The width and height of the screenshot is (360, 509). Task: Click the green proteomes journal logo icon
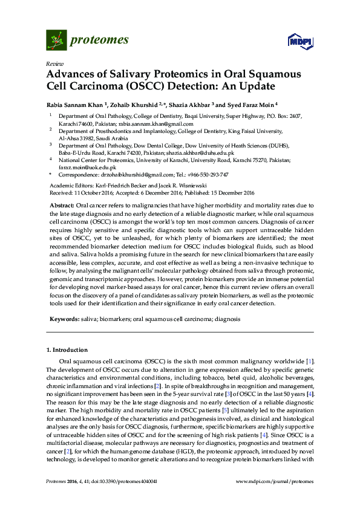point(56,40)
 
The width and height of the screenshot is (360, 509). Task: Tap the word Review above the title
point(54,63)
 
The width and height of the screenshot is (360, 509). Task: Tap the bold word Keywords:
point(62,318)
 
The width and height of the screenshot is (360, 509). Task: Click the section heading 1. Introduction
point(67,350)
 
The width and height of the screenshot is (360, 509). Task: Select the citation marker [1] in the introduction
point(310,361)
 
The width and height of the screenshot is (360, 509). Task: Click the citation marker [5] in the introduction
point(212,411)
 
